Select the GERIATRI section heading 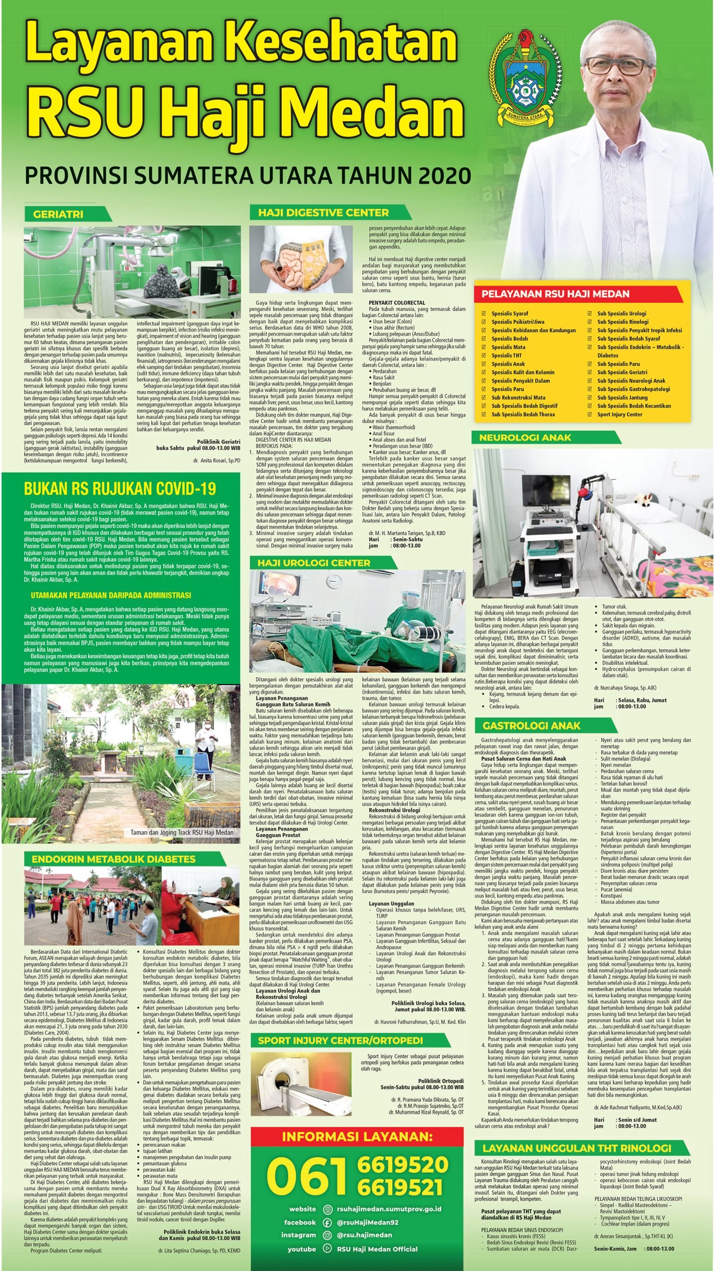(x=58, y=214)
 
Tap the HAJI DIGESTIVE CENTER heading (x=323, y=212)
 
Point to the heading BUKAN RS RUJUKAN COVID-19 (x=120, y=489)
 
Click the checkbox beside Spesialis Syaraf (x=484, y=313)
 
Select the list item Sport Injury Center (x=619, y=414)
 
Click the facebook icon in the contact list (x=327, y=1219)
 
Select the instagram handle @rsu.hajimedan (x=364, y=1231)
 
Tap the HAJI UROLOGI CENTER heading (x=314, y=563)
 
